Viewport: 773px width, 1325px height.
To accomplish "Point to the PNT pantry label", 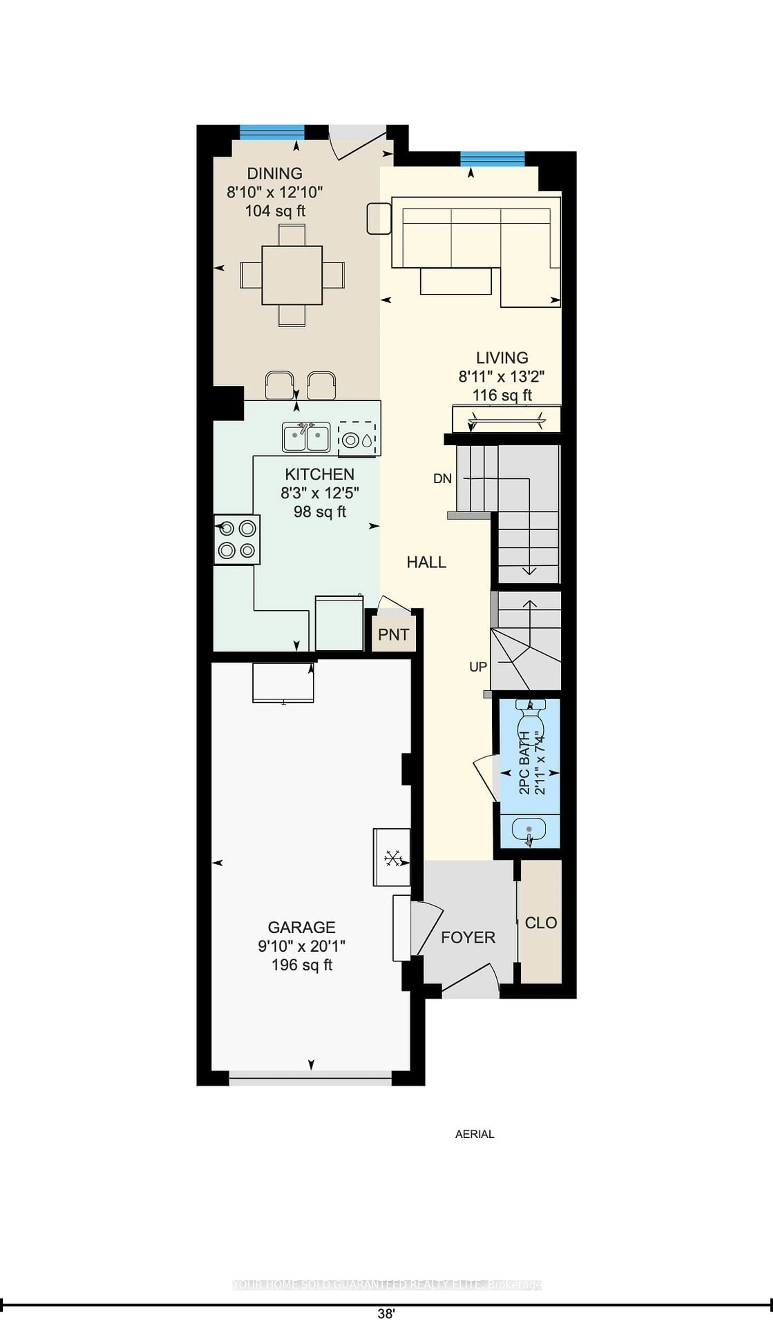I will pos(393,635).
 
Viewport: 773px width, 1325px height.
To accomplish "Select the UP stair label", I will pos(478,667).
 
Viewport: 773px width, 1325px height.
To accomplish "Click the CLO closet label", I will pos(540,923).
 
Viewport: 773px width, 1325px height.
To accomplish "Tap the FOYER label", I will pos(468,937).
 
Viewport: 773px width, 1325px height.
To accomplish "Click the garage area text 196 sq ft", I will pos(302,965).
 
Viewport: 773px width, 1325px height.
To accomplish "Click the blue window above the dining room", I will pos(272,132).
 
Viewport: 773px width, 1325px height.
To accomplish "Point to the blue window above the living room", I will pos(493,159).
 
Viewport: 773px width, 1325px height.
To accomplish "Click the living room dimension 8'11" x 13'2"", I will pos(501,376).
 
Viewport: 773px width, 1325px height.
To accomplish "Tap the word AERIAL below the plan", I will pos(474,1134).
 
